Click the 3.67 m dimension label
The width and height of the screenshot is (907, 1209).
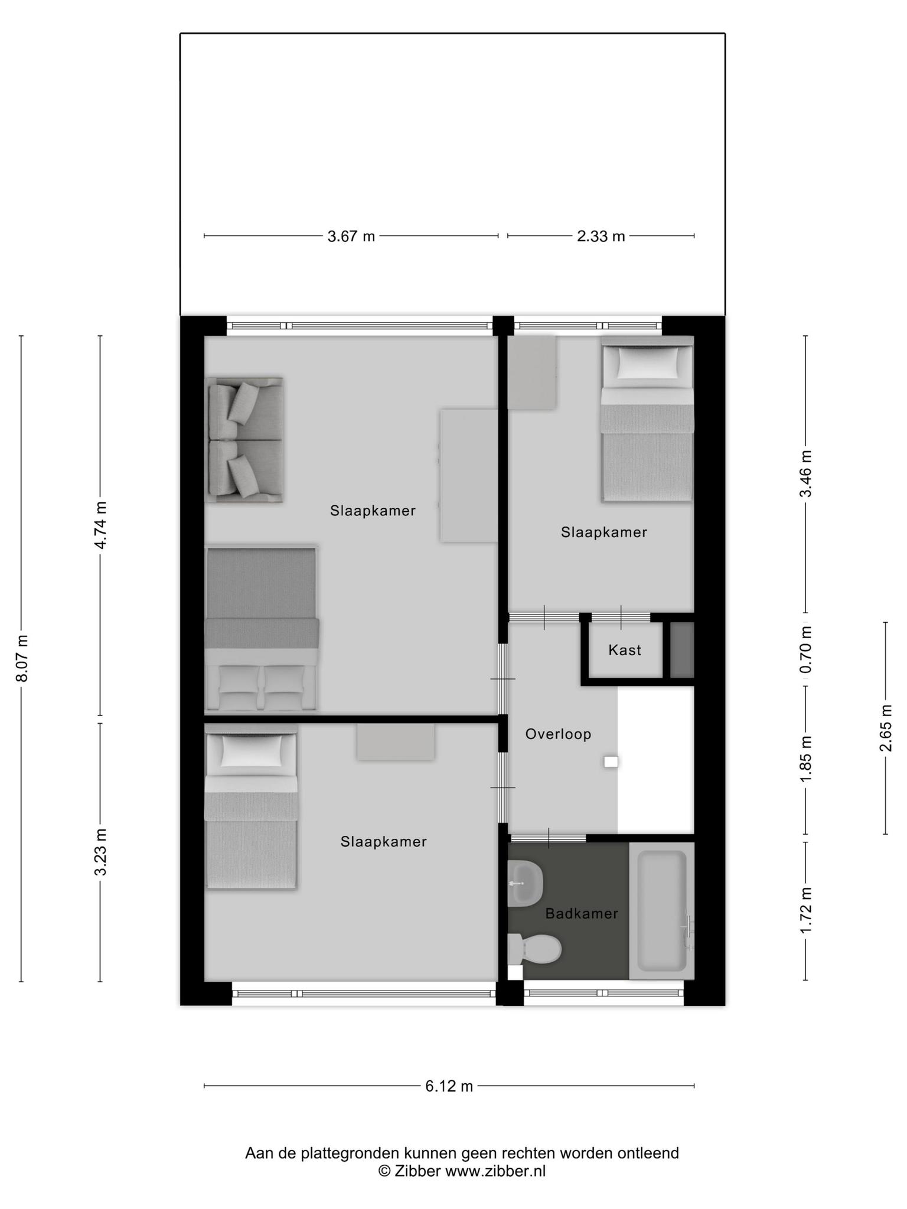[351, 237]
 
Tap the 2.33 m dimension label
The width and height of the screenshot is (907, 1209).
[601, 237]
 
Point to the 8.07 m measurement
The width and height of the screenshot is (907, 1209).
[22, 658]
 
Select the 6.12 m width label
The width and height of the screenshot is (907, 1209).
[449, 1086]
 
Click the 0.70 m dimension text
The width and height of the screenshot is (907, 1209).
[805, 649]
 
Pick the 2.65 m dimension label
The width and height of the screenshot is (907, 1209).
[886, 728]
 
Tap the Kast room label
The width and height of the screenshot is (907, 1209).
[625, 651]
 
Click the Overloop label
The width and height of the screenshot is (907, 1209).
[558, 734]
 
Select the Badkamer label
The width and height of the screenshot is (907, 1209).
[582, 914]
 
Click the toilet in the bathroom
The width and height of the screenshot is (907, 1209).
[534, 949]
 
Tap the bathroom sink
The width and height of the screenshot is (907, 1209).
[524, 883]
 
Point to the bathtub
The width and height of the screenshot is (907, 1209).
[661, 911]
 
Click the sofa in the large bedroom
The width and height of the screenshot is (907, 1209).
[244, 440]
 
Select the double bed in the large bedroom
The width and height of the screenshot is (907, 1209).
[262, 629]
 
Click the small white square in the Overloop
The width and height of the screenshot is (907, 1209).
[611, 762]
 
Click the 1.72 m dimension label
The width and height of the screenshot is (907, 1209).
[805, 910]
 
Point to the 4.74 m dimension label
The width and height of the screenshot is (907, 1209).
[101, 525]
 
